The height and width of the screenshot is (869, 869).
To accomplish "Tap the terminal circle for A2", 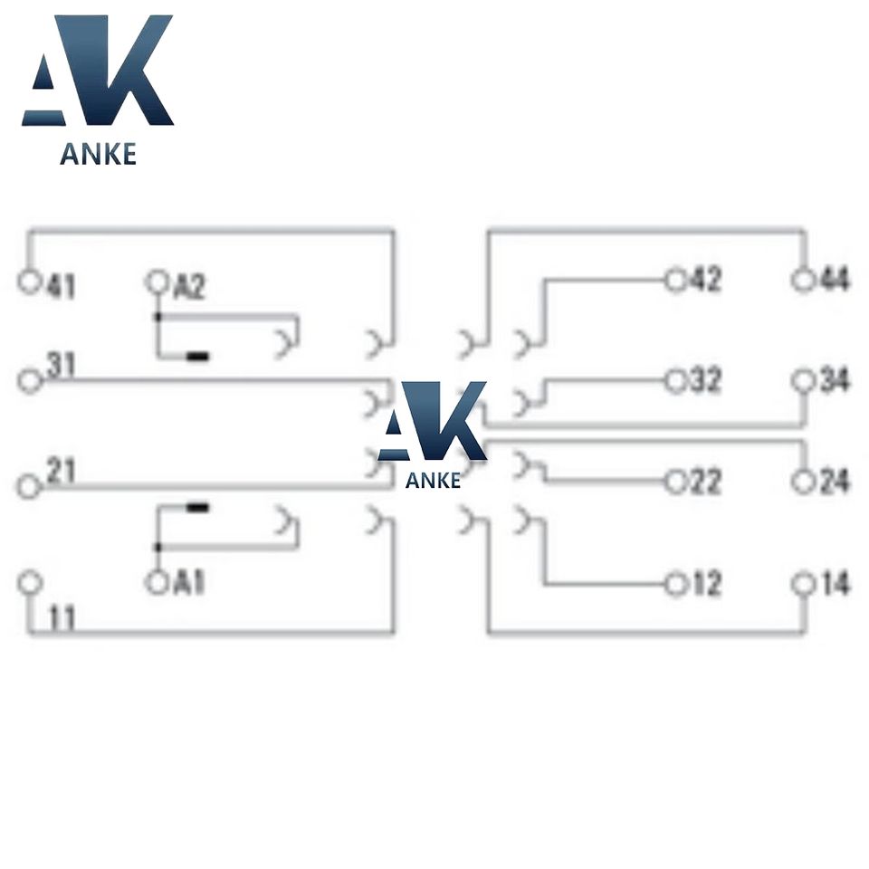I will (x=158, y=282).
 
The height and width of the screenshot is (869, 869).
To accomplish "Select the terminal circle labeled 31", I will (x=31, y=380).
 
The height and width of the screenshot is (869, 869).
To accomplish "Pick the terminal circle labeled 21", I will (x=29, y=486).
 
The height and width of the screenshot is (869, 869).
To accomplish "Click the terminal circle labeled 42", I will (x=675, y=280).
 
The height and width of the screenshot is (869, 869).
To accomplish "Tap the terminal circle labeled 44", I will (x=803, y=280).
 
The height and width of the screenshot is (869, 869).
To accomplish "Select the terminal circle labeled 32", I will (x=675, y=382).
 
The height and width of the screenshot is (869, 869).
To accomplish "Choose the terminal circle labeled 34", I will (x=803, y=382).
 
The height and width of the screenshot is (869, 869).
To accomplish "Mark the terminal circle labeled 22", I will (x=675, y=482).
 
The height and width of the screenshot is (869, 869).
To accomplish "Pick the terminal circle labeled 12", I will (x=675, y=584).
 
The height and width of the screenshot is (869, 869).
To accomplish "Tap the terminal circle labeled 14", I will (x=803, y=584).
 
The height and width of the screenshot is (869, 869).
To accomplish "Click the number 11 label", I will (x=61, y=619).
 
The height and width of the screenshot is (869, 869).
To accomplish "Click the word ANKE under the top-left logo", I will (x=98, y=154).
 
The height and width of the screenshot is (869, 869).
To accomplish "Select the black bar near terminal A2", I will (x=197, y=357).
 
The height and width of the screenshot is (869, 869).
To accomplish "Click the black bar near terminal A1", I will (x=197, y=507).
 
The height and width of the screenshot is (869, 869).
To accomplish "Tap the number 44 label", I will (x=834, y=280).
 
